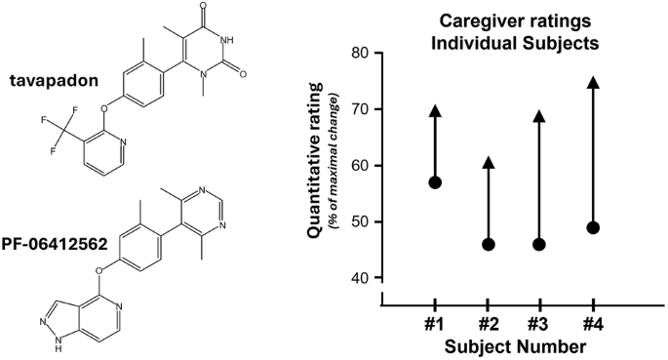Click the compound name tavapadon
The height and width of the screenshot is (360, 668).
54,81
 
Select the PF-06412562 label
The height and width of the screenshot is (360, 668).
55,245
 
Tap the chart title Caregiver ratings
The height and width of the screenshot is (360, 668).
515,20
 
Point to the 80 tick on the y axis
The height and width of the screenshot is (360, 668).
361,54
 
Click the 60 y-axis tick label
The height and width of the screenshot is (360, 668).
361,166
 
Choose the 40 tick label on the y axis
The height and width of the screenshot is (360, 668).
361,278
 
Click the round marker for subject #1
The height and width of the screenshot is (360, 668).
435,182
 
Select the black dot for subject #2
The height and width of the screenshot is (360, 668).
489,245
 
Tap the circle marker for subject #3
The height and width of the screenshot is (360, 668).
539,245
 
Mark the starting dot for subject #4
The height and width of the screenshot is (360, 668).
593,228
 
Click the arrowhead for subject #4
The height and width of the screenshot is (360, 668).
593,82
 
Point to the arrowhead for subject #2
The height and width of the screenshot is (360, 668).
489,162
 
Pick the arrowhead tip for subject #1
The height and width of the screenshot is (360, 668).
435,104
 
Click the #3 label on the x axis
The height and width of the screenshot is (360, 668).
539,326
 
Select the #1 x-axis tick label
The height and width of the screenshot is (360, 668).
434,326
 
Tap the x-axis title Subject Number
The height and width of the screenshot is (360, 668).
515,346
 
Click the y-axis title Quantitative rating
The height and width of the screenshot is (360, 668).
314,161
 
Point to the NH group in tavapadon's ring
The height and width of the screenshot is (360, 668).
226,40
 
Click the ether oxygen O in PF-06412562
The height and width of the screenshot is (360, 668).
98,270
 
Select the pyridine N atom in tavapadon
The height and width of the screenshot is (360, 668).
123,141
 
